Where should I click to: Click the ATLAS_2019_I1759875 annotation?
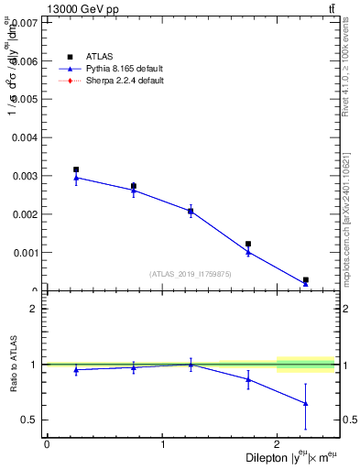190,274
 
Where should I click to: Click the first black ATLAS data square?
76,169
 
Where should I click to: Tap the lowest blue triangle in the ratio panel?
305,403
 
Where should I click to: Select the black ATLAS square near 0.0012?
248,244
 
